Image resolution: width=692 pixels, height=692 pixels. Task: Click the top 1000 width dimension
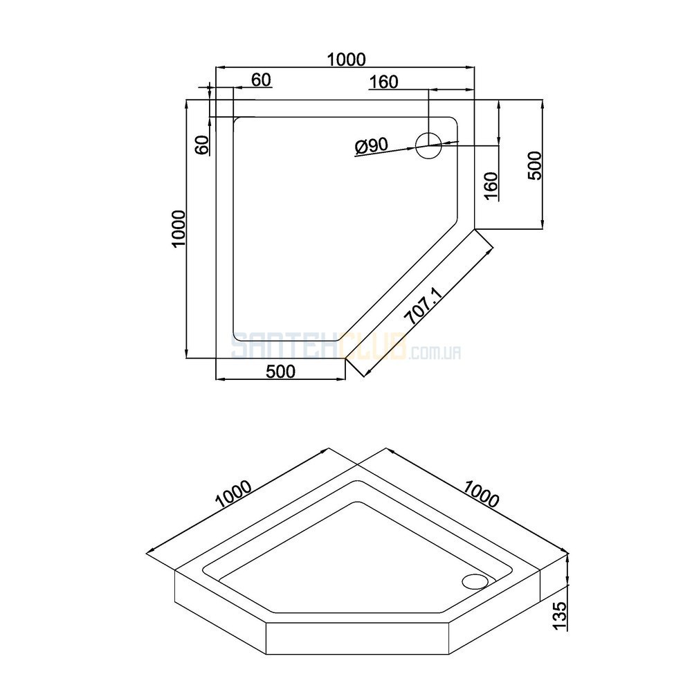point(346,59)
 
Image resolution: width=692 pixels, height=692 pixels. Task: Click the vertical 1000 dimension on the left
point(179,229)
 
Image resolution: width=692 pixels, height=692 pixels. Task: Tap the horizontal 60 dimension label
point(261,80)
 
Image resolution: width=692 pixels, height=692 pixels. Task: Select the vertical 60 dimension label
point(201,145)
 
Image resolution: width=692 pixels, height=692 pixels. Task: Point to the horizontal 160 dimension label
point(383,82)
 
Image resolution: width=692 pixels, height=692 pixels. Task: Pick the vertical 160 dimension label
point(491,186)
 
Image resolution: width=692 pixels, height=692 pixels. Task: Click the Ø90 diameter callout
point(371,145)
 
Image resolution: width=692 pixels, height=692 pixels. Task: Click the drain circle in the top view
point(428,145)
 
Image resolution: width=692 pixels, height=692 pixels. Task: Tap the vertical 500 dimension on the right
point(534,165)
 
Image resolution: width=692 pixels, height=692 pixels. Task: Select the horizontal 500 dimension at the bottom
point(281,371)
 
